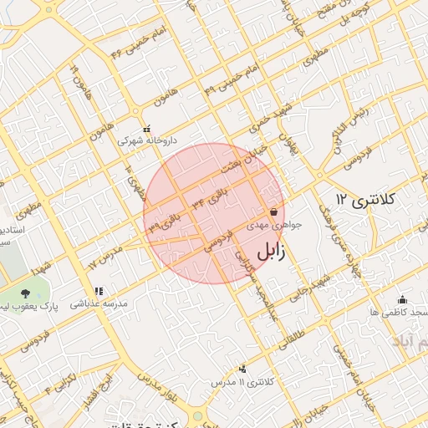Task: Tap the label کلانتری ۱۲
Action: click(x=364, y=200)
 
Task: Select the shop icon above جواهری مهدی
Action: click(x=274, y=212)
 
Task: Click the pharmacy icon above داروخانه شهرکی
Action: click(x=147, y=130)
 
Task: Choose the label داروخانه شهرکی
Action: click(x=147, y=141)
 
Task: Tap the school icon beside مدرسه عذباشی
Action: click(x=99, y=292)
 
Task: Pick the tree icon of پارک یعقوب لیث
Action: click(x=26, y=293)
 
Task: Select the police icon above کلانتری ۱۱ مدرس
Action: click(x=243, y=369)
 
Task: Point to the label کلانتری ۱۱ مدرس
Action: click(x=242, y=381)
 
